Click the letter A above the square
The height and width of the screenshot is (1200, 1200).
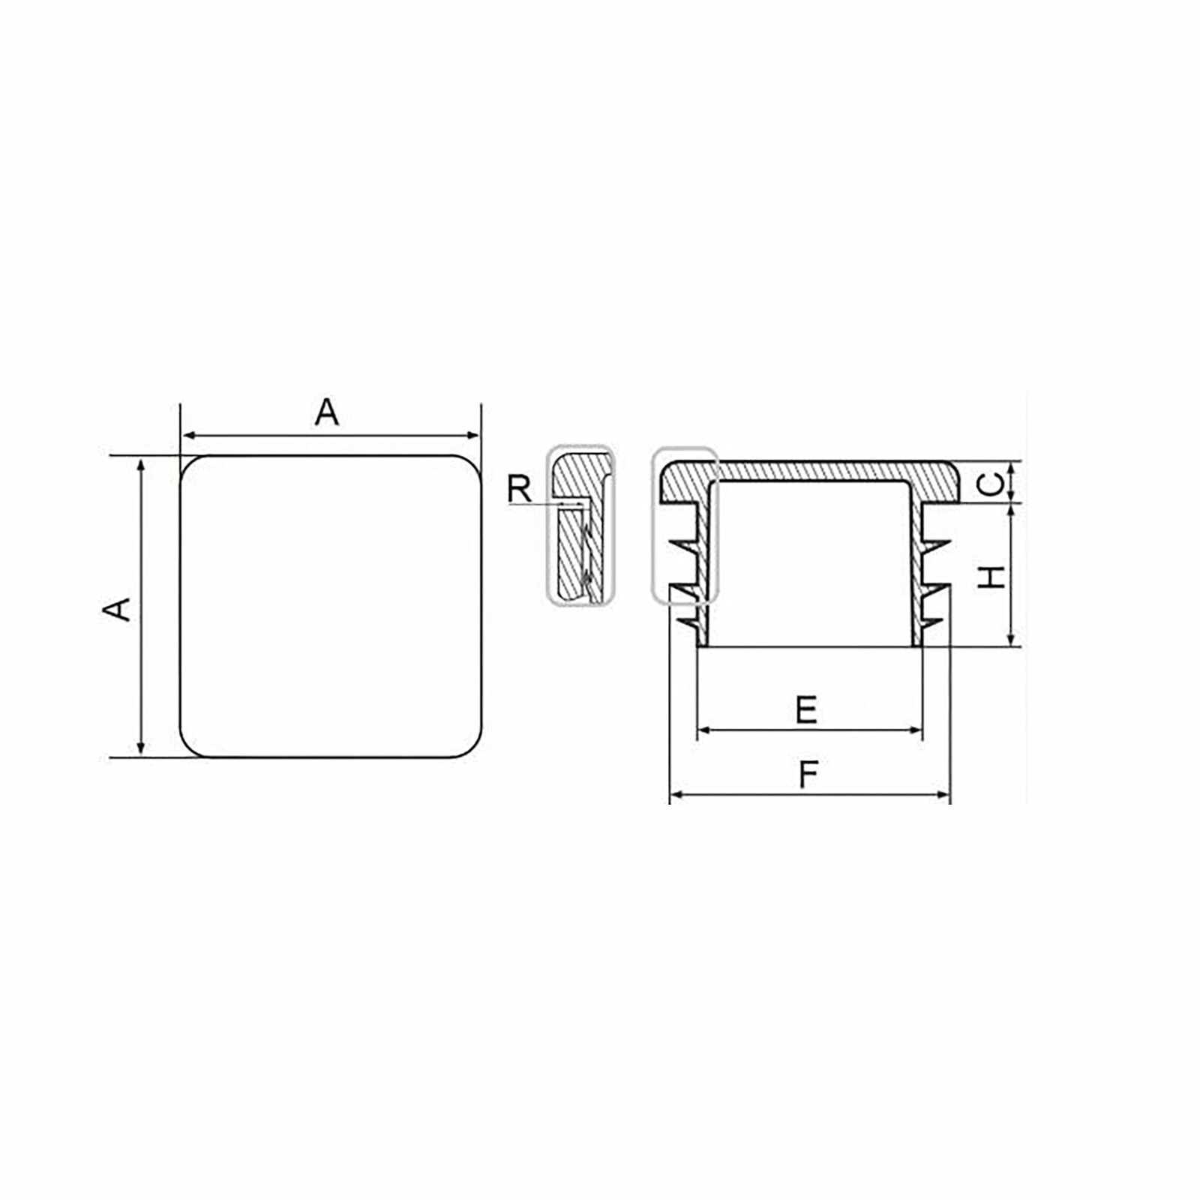pyautogui.click(x=326, y=412)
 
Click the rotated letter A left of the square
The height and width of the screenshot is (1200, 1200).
pyautogui.click(x=116, y=609)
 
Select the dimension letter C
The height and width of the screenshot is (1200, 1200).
pyautogui.click(x=991, y=484)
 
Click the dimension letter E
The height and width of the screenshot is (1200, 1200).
pyautogui.click(x=806, y=709)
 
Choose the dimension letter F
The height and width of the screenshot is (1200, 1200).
pyautogui.click(x=808, y=775)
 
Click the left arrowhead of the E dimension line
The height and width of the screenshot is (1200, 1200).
pyautogui.click(x=703, y=730)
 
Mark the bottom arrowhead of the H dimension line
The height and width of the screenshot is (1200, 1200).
pyautogui.click(x=1011, y=639)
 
